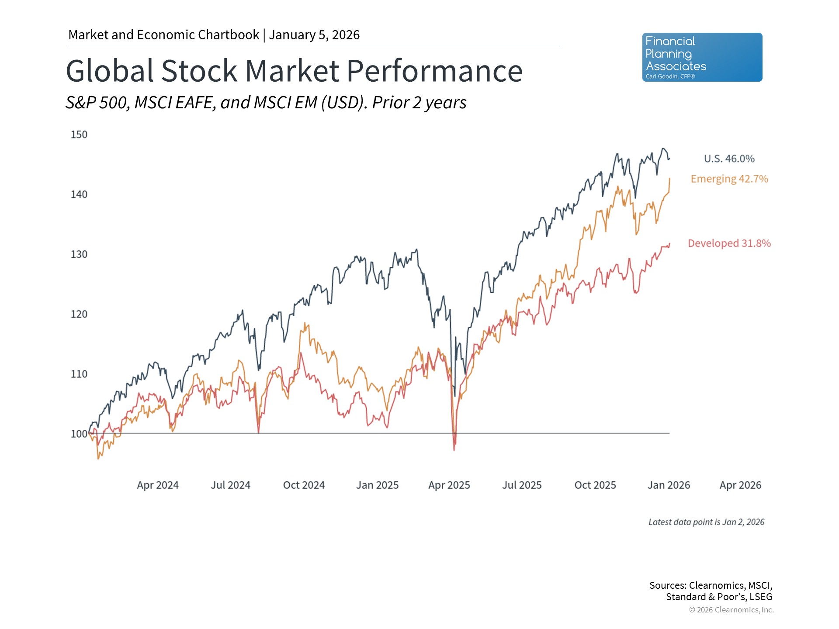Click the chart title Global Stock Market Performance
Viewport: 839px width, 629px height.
click(x=294, y=71)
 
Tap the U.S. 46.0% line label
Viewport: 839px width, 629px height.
click(x=729, y=159)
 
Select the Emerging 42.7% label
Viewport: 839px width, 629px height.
click(x=729, y=179)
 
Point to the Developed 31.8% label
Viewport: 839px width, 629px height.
click(x=729, y=243)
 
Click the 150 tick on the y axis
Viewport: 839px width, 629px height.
click(x=79, y=135)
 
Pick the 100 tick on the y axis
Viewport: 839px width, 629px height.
click(x=79, y=434)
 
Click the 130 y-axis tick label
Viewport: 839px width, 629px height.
click(x=79, y=254)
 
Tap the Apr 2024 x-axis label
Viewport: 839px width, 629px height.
click(x=158, y=485)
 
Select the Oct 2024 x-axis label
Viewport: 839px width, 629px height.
click(x=304, y=485)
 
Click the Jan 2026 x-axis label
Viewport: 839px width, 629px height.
click(x=669, y=485)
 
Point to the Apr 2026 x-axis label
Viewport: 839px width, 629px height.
click(x=740, y=485)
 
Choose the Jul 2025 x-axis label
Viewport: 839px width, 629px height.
click(x=522, y=485)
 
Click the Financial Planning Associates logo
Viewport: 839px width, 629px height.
click(x=702, y=57)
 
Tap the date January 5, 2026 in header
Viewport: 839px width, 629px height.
click(x=314, y=35)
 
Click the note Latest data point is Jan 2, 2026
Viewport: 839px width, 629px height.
click(x=706, y=522)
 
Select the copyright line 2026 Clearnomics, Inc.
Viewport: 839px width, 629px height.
click(x=731, y=610)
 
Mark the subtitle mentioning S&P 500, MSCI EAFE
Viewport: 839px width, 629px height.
click(x=266, y=103)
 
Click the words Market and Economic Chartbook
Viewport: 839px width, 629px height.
click(x=164, y=35)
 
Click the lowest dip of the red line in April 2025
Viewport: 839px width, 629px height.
click(x=454, y=449)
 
